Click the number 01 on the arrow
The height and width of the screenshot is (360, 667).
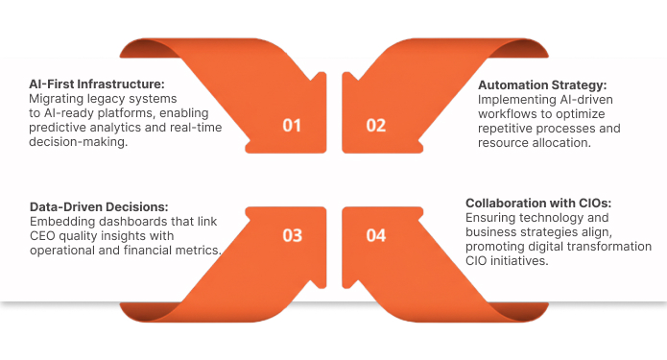click(292, 125)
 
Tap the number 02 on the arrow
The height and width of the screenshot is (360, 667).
click(375, 125)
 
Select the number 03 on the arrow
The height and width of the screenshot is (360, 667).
click(292, 235)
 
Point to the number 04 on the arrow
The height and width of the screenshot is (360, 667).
click(375, 235)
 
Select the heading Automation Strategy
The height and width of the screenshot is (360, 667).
click(542, 84)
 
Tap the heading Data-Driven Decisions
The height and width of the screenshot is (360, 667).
click(99, 206)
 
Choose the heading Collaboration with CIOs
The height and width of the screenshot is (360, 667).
click(537, 204)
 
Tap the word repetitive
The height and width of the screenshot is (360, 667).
click(508, 128)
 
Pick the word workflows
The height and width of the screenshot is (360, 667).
click(510, 113)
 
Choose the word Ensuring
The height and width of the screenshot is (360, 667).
click(493, 218)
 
